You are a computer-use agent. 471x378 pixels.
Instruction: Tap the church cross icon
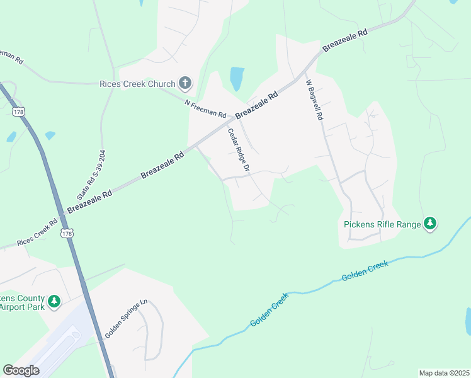point(185,83)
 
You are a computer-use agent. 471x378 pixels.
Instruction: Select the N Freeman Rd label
point(205,108)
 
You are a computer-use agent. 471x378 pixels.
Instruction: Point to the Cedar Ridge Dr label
point(239,151)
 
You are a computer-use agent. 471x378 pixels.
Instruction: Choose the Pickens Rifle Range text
point(382,224)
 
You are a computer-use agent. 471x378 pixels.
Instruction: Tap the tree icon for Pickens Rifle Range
point(430,223)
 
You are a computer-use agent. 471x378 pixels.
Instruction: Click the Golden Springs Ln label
point(126,319)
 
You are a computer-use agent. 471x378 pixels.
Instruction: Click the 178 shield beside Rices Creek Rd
point(67,234)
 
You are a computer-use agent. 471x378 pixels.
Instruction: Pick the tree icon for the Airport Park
point(54,302)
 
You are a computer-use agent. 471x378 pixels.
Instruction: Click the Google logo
point(21,370)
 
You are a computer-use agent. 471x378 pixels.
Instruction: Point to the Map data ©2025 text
point(443,372)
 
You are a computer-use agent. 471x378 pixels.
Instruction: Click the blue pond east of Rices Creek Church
point(237,79)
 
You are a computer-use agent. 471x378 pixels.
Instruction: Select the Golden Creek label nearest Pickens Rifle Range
point(365,270)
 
